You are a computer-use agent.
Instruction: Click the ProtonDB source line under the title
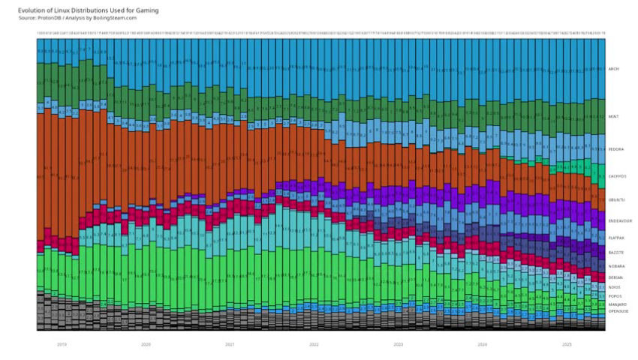coord(72,18)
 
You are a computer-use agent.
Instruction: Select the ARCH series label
coord(613,67)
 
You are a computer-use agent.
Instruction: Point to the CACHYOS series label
coord(617,176)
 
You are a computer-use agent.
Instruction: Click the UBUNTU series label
coord(616,199)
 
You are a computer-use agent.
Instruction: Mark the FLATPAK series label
coord(617,238)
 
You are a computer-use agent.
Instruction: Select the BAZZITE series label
coord(616,253)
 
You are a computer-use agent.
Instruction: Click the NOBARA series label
coord(616,266)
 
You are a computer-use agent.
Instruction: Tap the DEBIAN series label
coord(615,277)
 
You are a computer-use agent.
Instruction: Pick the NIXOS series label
coord(615,287)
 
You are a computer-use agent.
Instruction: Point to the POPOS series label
coord(615,296)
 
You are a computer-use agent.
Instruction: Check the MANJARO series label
coord(617,304)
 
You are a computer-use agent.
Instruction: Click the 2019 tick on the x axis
coord(62,344)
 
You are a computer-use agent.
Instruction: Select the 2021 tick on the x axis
coord(230,344)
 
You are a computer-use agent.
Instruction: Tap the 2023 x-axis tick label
coord(399,344)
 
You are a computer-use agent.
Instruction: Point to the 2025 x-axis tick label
coord(567,344)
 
